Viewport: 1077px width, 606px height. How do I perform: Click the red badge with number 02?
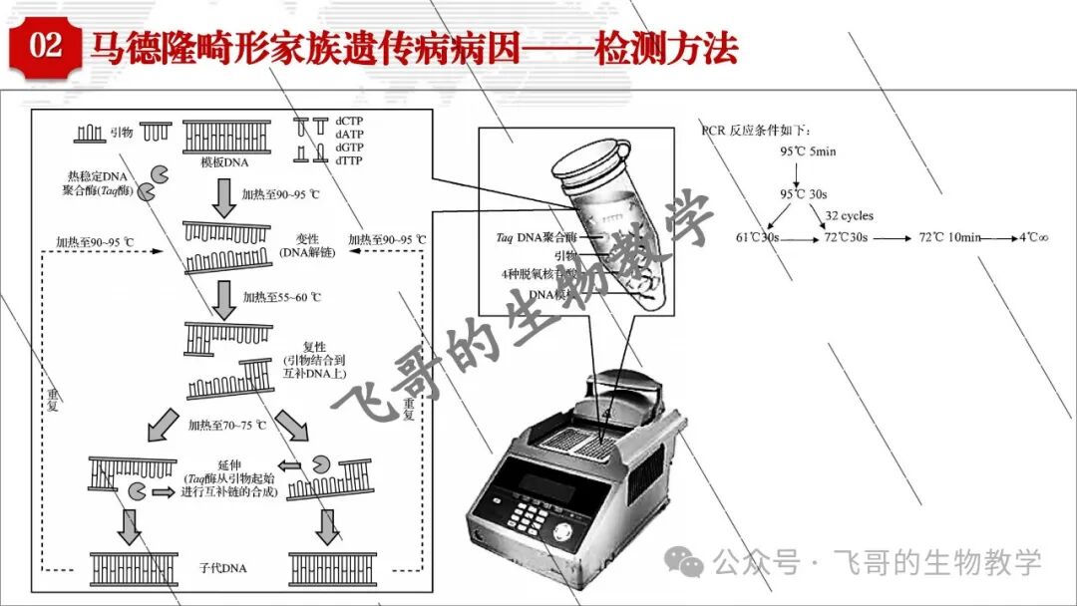[46, 46]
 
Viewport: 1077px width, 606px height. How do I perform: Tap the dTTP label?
[349, 159]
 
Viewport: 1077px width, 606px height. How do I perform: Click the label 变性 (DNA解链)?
[307, 245]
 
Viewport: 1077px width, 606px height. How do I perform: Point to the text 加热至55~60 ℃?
[282, 297]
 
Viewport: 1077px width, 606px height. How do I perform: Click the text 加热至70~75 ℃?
[227, 425]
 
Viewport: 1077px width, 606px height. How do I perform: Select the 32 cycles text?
[849, 215]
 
